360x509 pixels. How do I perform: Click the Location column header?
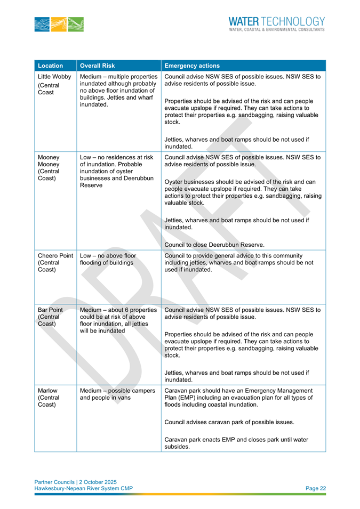click(x=51, y=66)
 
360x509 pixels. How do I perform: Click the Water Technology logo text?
click(x=276, y=22)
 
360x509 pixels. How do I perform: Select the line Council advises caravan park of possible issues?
click(x=229, y=422)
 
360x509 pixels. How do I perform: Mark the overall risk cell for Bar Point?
click(x=118, y=319)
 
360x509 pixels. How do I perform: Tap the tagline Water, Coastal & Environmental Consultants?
click(x=276, y=30)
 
